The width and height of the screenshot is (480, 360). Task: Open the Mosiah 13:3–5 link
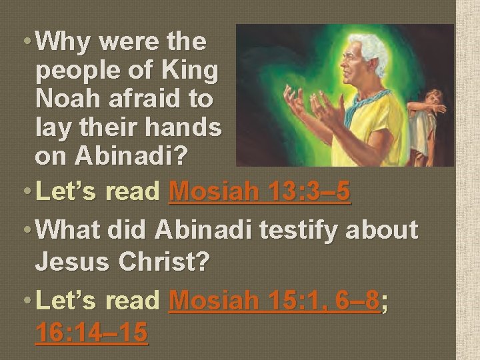260,192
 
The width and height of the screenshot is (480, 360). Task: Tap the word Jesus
71,261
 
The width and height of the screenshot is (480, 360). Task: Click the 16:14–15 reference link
91,332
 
